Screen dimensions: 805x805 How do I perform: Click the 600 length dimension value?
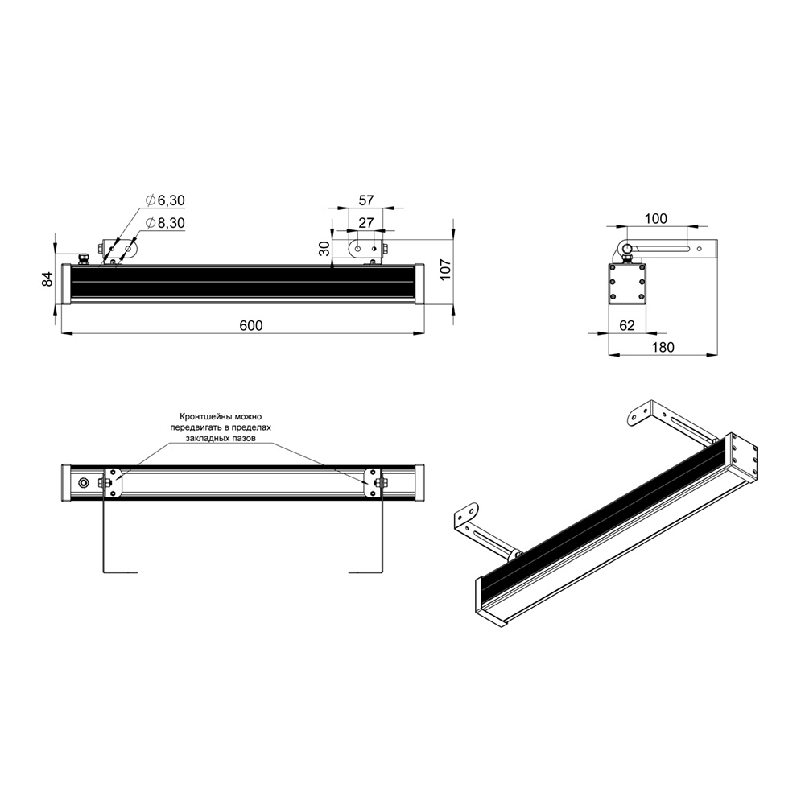(x=251, y=325)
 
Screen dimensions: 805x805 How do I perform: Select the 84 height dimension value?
(x=47, y=279)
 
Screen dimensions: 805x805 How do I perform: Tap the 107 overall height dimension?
(x=445, y=270)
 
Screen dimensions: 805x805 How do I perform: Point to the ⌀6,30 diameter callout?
(x=165, y=200)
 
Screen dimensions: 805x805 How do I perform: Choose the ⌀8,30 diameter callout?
(x=165, y=223)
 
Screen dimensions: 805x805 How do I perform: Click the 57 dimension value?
(x=366, y=200)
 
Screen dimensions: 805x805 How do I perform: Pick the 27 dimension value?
(x=366, y=223)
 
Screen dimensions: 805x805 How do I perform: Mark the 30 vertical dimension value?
(x=324, y=249)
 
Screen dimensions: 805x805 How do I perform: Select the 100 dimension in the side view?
(x=655, y=218)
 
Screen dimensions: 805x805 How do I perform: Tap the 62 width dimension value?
(x=627, y=325)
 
